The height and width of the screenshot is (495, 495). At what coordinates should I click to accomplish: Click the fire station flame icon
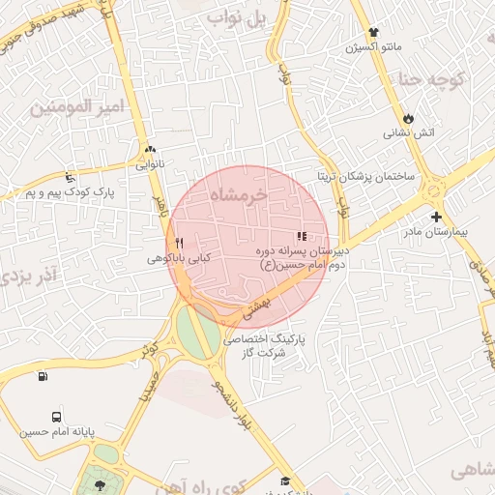(410, 117)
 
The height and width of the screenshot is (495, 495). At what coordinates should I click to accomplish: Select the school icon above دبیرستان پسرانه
(302, 235)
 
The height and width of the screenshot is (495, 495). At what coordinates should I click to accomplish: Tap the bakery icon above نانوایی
(150, 150)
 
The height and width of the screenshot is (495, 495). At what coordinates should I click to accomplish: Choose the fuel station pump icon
(42, 376)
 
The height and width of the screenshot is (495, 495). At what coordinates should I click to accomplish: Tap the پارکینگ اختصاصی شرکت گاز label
(263, 347)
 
